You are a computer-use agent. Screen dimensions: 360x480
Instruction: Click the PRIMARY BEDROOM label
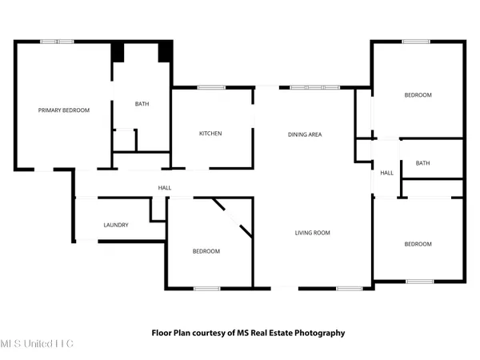(64, 110)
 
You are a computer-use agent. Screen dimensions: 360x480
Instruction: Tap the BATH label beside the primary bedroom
(142, 103)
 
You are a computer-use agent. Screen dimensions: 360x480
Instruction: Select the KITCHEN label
(210, 133)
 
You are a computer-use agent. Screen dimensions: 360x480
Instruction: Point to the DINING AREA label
(305, 134)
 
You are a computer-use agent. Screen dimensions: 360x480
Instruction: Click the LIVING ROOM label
(312, 233)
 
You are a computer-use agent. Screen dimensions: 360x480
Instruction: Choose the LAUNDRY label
(116, 225)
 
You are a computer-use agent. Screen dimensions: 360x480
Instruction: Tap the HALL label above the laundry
(165, 188)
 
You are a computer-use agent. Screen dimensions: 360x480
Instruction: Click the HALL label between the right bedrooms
(386, 173)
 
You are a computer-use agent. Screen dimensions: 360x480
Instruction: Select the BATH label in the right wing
(422, 163)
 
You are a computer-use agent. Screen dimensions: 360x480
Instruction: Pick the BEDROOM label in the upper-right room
(418, 95)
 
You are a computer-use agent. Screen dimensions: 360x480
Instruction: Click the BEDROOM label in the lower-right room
(418, 244)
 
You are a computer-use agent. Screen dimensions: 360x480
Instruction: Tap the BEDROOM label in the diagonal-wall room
(206, 251)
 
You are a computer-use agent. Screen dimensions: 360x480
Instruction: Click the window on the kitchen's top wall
(210, 87)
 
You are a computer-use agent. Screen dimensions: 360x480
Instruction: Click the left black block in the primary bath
(118, 50)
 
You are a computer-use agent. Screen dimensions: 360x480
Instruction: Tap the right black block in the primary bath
(165, 50)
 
